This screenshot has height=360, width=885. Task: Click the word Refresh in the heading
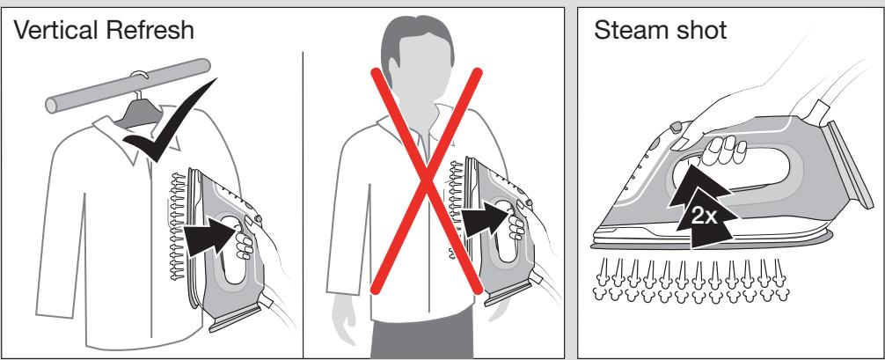click(149, 29)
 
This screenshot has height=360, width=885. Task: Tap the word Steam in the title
click(627, 30)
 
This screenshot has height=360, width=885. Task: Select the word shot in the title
click(698, 30)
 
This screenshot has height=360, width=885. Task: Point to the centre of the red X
click(426, 180)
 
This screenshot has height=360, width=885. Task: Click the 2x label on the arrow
click(704, 216)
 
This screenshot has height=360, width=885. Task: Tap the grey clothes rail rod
click(128, 85)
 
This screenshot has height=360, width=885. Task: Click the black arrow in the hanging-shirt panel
click(212, 234)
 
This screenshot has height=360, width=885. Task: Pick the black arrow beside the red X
click(486, 217)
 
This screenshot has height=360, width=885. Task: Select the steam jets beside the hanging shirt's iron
click(177, 227)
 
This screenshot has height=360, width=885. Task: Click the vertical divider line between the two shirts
click(304, 204)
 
